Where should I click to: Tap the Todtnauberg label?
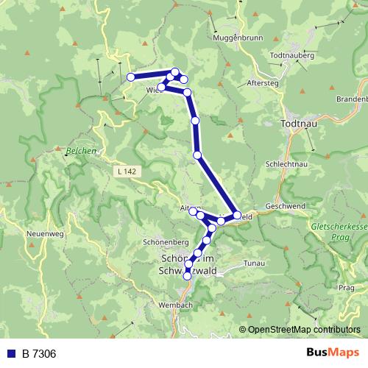tap(292, 56)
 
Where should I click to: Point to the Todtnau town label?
tap(299, 124)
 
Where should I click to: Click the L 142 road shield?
tap(126, 171)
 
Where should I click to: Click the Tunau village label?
tap(253, 263)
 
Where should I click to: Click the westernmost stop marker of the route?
tap(130, 77)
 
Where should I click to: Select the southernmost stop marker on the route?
tap(187, 275)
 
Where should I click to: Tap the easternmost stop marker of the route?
tap(237, 216)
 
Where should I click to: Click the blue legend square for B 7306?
tap(11, 354)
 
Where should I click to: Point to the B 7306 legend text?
tap(38, 354)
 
